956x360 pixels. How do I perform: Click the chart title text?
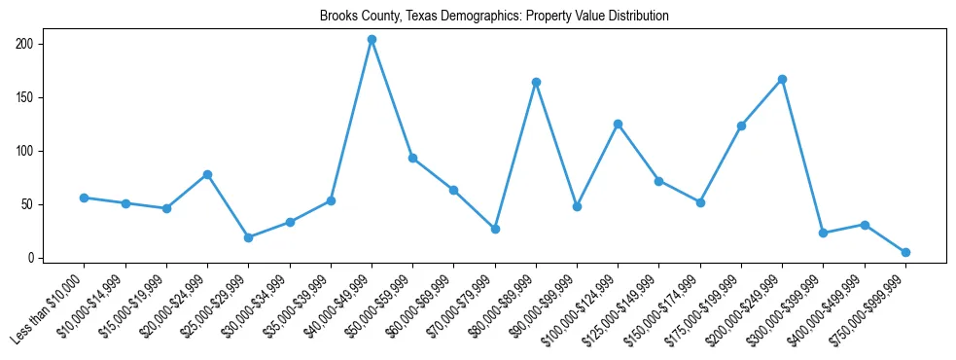pos(494,17)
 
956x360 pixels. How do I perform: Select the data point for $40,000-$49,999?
pos(372,40)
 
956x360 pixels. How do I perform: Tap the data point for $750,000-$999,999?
pos(905,252)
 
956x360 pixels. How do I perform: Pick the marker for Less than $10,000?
pos(84,198)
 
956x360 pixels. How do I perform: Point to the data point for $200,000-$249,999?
pos(782,79)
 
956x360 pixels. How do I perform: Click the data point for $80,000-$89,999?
pos(536,83)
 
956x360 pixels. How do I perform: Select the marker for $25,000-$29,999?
pos(248,237)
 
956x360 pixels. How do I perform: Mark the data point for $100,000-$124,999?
pos(618,124)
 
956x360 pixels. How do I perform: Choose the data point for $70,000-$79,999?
pos(495,229)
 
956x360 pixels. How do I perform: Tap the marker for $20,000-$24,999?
pos(207,174)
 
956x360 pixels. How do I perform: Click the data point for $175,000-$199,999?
pos(741,126)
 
